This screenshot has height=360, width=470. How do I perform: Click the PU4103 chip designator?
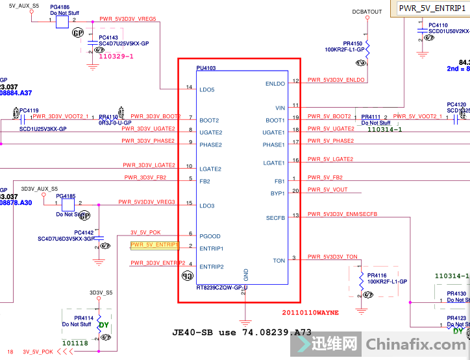(206, 67)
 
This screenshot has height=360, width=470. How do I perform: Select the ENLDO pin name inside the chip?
(275, 84)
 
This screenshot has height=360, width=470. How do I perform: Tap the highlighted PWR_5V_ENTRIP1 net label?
(155, 245)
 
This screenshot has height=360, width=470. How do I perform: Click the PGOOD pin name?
(210, 236)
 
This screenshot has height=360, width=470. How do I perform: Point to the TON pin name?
(278, 261)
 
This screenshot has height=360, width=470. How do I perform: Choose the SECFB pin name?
(275, 217)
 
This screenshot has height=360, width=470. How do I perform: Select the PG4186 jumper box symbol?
(62, 21)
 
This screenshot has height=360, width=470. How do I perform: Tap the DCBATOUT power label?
(367, 12)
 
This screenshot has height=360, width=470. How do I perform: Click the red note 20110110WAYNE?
(310, 312)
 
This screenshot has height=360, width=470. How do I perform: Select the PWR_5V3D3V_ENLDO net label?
(336, 80)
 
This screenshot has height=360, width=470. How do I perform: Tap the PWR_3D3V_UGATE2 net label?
(151, 128)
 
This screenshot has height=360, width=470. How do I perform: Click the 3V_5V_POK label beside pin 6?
(145, 232)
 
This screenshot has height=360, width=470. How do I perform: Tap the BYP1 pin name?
(277, 193)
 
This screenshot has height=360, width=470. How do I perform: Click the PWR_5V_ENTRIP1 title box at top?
(428, 8)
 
